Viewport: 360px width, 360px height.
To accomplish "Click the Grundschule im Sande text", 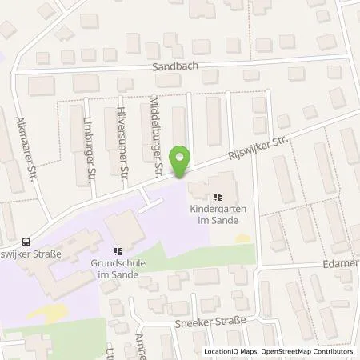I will pyautogui.click(x=117, y=270).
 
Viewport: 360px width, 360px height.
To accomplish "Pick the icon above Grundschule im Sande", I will pyautogui.click(x=116, y=251).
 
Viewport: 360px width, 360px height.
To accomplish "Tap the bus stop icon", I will pyautogui.click(x=27, y=241).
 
